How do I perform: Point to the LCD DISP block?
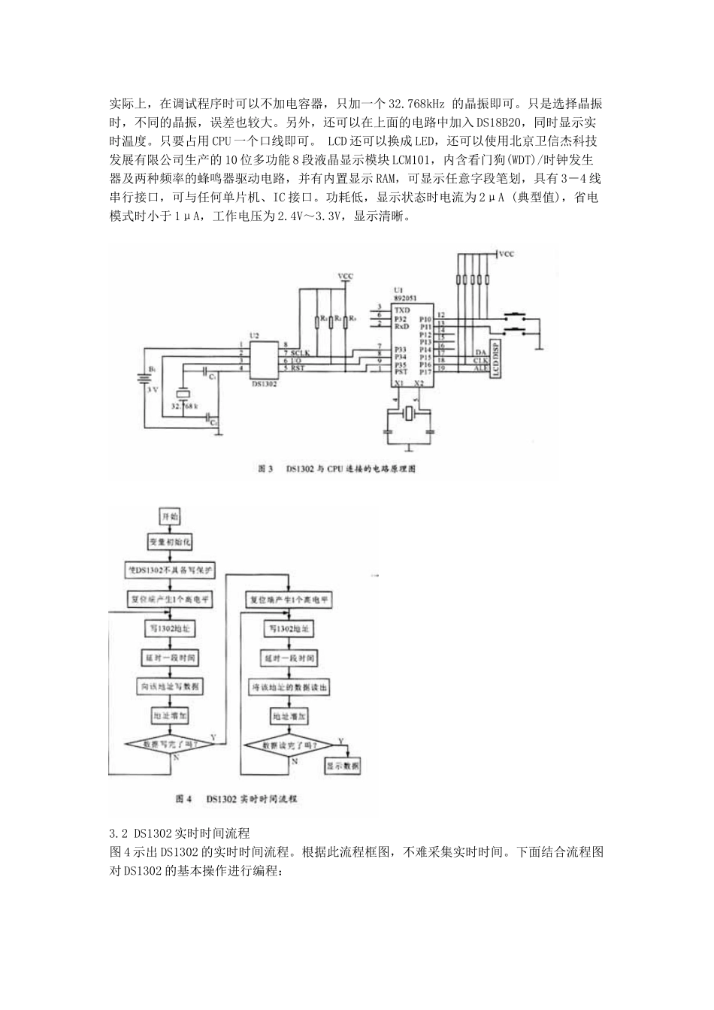coord(495,360)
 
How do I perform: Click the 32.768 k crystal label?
coord(185,406)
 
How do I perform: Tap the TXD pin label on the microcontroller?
coord(403,309)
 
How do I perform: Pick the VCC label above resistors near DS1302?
coord(345,277)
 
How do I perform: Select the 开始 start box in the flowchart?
coord(170,518)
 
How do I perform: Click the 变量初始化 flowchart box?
coord(170,542)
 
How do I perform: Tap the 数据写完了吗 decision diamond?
coord(170,745)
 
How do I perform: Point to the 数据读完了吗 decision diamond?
coord(289,745)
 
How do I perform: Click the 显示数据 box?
coord(343,767)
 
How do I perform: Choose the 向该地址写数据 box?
coord(170,686)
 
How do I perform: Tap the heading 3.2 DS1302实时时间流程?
coord(179,833)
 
